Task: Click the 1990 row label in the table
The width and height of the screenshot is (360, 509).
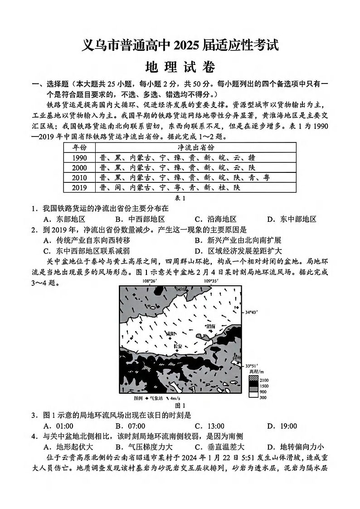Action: [x=80, y=157]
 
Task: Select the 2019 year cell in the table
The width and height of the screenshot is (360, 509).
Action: [x=80, y=187]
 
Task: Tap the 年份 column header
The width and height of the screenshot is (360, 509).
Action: [x=80, y=147]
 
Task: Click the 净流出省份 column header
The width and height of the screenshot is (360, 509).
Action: [x=195, y=147]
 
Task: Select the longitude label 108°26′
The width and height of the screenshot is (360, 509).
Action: [x=149, y=281]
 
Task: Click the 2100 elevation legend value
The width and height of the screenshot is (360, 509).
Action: [x=264, y=380]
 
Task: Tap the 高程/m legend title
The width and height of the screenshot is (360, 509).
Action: [x=256, y=372]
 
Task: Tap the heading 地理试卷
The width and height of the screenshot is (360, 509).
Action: [x=180, y=67]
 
